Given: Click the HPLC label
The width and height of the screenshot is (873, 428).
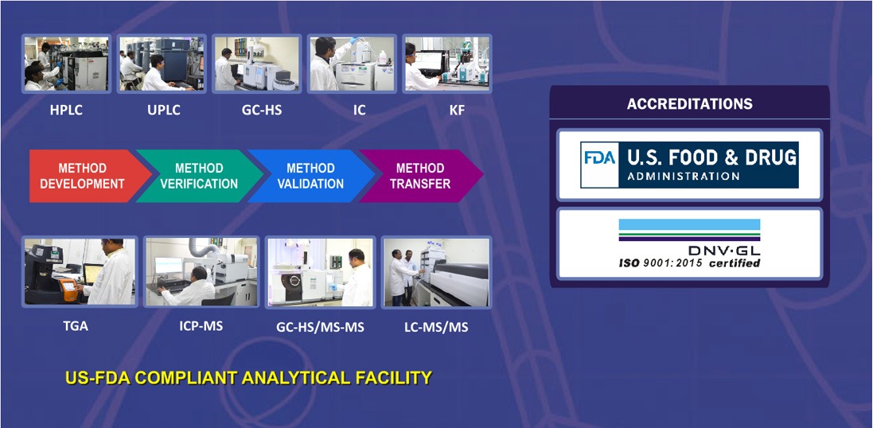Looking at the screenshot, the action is coord(66,111).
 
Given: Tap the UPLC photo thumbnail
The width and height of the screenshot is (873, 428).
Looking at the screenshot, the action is coord(162,64).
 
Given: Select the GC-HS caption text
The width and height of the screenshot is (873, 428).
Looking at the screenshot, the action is coord(262,111).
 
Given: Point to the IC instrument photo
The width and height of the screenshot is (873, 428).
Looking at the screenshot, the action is coord(352,64).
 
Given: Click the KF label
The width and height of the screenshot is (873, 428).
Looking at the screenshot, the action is coord(457,111).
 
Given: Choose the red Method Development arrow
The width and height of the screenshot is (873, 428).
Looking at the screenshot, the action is coord(84,176).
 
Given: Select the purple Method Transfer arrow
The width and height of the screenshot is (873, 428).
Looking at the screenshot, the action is coord(420,176).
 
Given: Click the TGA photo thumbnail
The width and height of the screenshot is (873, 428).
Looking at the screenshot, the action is coord(80,271).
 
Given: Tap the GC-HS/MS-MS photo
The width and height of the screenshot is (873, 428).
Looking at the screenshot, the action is coord(320,271).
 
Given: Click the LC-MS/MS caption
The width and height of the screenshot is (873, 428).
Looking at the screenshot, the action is coord(436,327).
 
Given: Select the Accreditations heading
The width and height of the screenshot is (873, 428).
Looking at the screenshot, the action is coord(690,103).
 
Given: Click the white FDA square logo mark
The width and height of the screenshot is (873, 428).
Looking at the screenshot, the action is coord(599,165).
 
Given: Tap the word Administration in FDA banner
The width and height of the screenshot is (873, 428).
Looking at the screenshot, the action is coord(683,177).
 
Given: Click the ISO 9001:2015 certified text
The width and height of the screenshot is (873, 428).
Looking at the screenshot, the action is coord(689,263).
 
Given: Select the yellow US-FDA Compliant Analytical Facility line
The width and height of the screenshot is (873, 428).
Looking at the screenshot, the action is coord(248,378).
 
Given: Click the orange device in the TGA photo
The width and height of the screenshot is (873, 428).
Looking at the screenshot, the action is coord(68,288).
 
